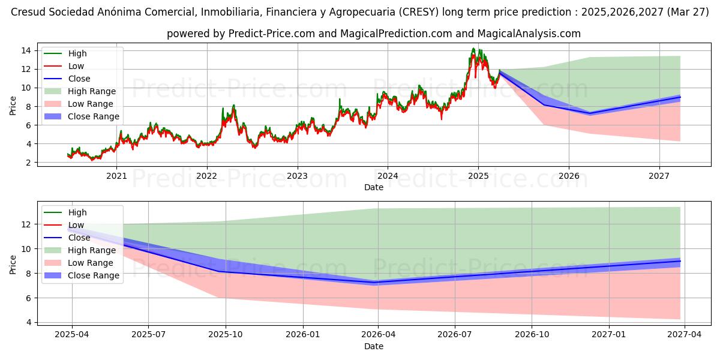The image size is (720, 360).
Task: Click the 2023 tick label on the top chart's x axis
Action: click(x=297, y=176)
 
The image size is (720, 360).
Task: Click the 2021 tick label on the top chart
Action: click(x=116, y=176)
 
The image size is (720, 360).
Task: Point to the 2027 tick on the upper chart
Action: click(x=659, y=176)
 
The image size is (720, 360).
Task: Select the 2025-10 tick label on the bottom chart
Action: click(x=226, y=335)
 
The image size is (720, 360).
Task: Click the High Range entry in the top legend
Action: click(x=92, y=91)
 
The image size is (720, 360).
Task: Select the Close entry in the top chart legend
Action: click(x=79, y=79)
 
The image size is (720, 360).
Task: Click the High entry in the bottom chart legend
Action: click(x=77, y=212)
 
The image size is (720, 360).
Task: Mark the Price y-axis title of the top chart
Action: click(x=13, y=106)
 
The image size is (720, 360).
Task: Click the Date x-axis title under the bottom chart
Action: click(x=373, y=346)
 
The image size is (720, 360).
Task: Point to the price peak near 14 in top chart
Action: click(x=473, y=49)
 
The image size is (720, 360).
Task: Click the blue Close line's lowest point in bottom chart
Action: click(x=375, y=282)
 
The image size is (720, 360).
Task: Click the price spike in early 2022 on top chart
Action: click(x=223, y=109)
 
